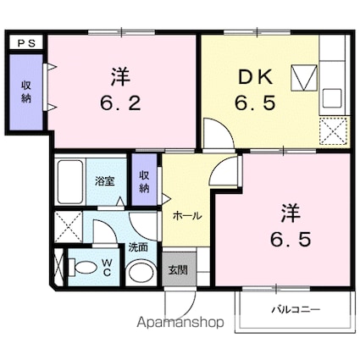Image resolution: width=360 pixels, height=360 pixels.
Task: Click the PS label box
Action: (26, 43)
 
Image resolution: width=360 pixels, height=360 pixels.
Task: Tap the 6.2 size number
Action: (120, 103)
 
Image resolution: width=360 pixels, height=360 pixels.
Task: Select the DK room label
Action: (256, 77)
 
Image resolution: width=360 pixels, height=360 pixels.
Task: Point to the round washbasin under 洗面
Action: (141, 273)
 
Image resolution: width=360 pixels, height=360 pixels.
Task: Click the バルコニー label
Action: (296, 310)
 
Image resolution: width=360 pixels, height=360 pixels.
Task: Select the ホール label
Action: (187, 216)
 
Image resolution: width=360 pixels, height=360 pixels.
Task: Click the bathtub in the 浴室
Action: (69, 182)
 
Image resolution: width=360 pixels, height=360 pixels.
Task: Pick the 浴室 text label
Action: (105, 181)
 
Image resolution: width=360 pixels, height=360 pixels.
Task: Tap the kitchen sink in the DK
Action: (332, 98)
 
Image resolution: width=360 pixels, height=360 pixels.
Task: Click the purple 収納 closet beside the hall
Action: (144, 180)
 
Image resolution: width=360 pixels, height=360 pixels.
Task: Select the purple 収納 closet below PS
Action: (26, 92)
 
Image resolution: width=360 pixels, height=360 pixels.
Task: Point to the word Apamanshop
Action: (180, 323)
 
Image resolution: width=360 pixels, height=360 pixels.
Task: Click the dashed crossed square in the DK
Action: (333, 131)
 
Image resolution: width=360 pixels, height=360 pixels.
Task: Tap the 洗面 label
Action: (138, 247)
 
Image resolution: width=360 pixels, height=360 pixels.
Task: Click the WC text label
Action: (107, 268)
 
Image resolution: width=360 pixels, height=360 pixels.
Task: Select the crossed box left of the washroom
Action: (69, 227)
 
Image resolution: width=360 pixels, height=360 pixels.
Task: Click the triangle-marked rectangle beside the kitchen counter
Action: (305, 78)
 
